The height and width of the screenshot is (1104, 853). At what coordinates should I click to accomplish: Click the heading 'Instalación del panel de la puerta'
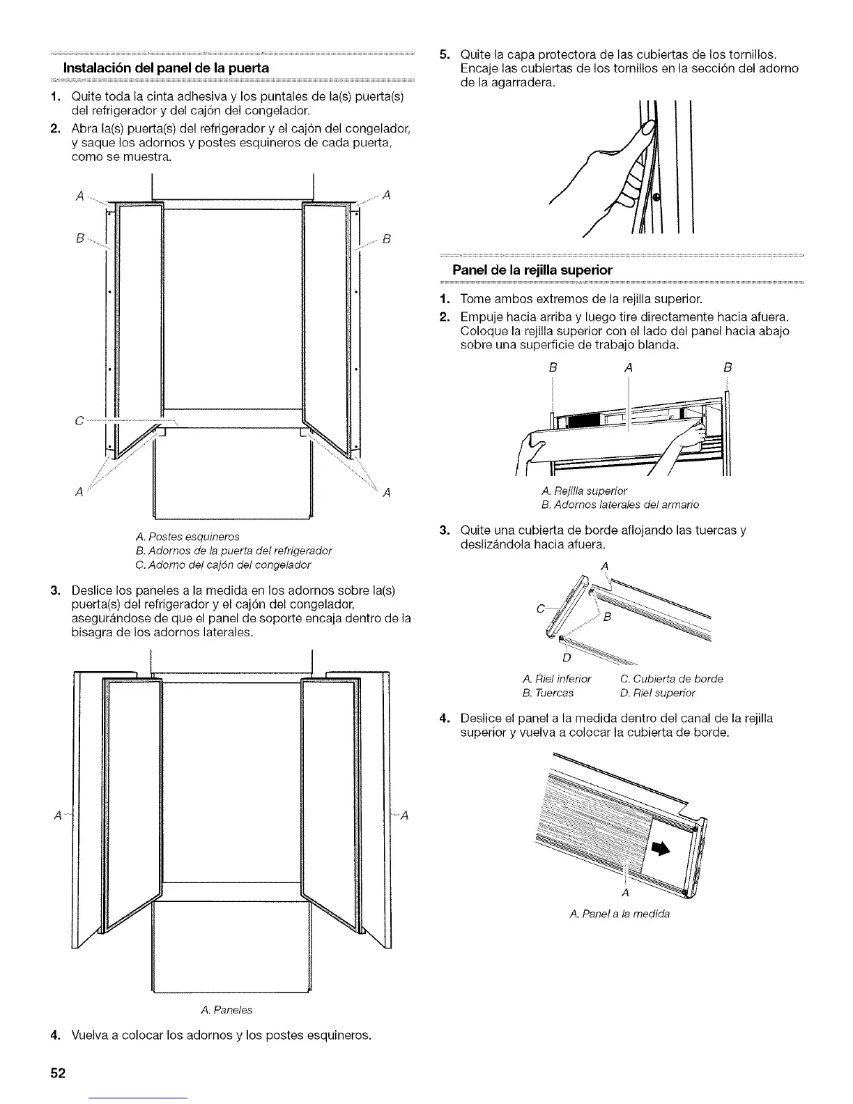(167, 68)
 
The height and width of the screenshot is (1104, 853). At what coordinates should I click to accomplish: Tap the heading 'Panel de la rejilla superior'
(532, 270)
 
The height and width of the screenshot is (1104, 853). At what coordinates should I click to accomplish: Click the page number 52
(57, 1073)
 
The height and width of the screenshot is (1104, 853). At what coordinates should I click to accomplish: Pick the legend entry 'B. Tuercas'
(548, 693)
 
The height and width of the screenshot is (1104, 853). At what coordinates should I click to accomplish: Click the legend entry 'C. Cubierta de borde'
(671, 679)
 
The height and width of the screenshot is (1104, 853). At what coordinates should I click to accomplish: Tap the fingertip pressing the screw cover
(648, 129)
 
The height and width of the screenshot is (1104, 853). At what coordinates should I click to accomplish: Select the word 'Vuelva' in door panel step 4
(89, 1034)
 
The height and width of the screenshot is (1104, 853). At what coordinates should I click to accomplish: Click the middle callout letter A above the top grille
(629, 367)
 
